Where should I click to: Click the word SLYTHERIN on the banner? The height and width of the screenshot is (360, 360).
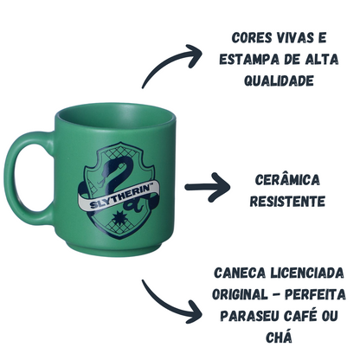pyautogui.click(x=120, y=196)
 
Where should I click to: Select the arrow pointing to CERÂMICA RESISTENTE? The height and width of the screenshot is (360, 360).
pyautogui.click(x=207, y=187)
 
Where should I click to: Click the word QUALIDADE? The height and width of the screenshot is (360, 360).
pyautogui.click(x=279, y=80)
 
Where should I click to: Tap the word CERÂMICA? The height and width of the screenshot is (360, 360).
pyautogui.click(x=287, y=179)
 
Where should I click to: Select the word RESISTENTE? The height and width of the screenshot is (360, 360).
pyautogui.click(x=287, y=201)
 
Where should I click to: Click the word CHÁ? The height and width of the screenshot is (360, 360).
pyautogui.click(x=279, y=337)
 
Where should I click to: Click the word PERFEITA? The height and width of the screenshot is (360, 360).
pyautogui.click(x=315, y=294)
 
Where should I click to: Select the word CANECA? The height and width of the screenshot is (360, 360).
pyautogui.click(x=240, y=273)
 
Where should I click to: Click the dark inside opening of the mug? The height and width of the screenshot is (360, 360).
pyautogui.click(x=115, y=117)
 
